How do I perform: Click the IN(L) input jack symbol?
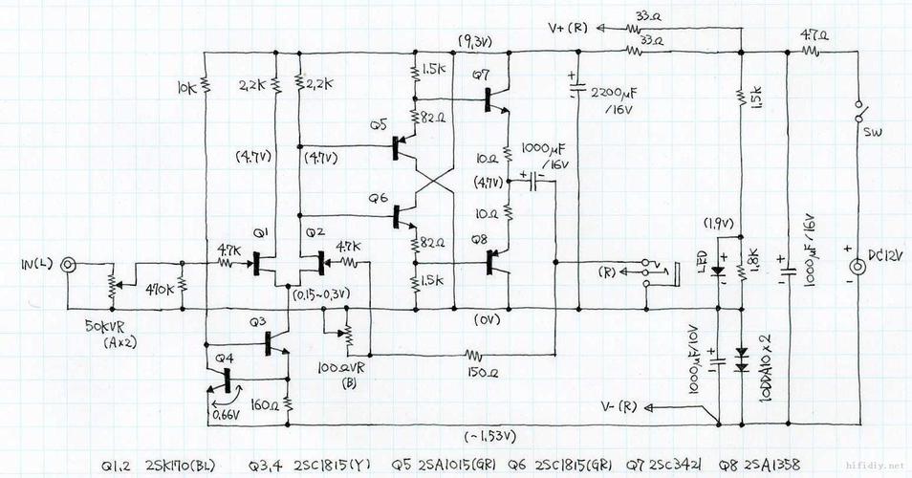coord(69,264)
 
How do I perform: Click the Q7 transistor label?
coord(481,75)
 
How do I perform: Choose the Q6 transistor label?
coord(380,198)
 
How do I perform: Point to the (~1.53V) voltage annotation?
coord(492,436)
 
